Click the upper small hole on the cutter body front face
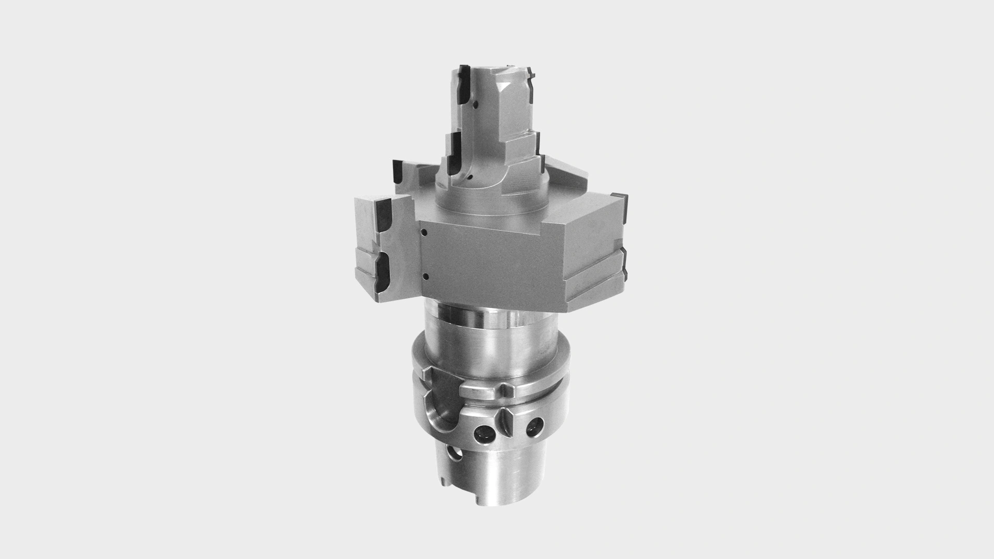[423, 232]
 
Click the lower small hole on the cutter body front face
[423, 275]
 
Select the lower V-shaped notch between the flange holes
[506, 415]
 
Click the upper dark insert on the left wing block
[385, 216]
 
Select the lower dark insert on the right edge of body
[624, 262]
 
